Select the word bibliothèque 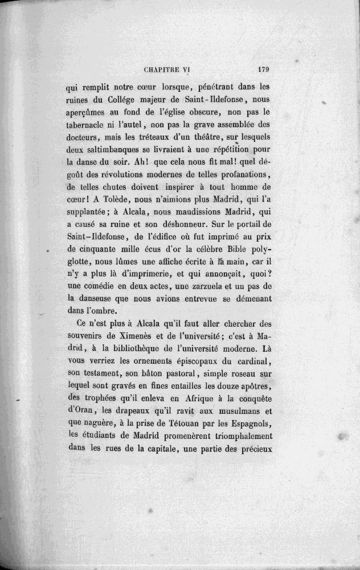[132, 351]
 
